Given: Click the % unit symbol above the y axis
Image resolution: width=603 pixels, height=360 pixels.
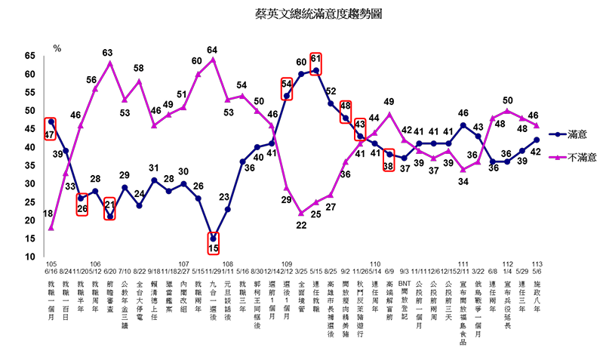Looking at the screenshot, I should (x=57, y=48).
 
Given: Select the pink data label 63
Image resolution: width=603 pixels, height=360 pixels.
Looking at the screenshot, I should (x=108, y=53).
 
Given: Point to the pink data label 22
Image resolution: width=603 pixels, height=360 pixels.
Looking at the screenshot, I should (x=300, y=225).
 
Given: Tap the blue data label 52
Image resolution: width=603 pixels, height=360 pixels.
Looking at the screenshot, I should (x=331, y=92).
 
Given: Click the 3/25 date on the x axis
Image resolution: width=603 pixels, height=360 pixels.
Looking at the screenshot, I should (x=301, y=270).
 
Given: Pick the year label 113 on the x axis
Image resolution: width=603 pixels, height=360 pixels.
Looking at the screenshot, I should (x=537, y=264).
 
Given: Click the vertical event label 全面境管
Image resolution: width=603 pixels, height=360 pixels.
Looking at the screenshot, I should (x=301, y=292).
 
